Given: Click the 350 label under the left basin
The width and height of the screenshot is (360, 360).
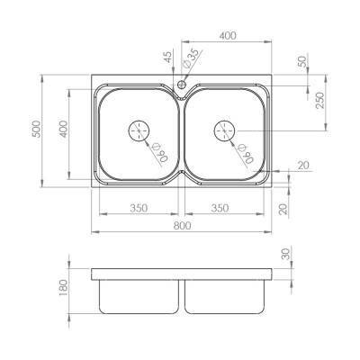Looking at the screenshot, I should [138, 208].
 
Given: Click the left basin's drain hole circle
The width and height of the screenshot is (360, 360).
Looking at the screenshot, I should [140, 131].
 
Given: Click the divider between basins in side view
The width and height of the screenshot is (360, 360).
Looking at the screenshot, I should [182, 296].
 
